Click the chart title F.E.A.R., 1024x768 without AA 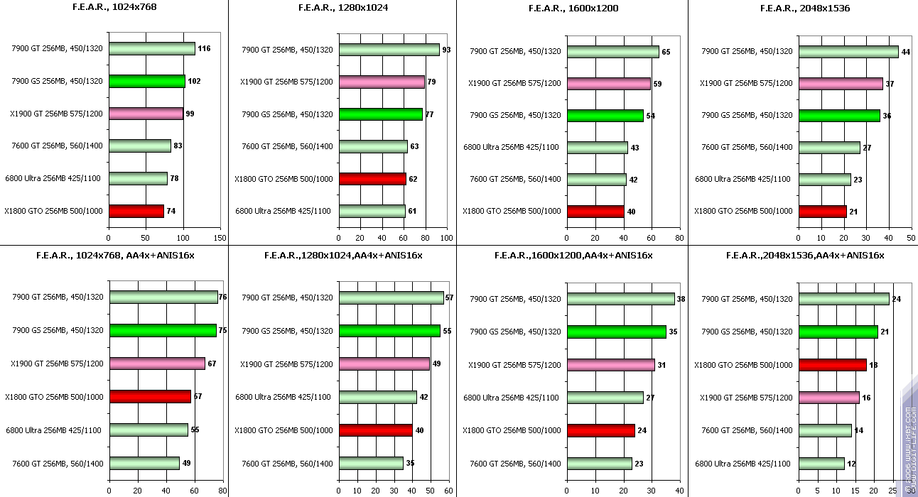[x=114, y=8]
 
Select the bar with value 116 [x=152, y=48]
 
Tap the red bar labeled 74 [x=136, y=211]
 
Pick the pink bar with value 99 [x=146, y=114]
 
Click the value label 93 [x=447, y=50]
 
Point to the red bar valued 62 [x=372, y=179]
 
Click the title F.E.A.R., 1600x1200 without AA [x=573, y=9]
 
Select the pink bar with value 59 [x=609, y=84]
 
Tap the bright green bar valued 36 [x=839, y=116]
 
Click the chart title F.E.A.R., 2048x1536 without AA [x=804, y=9]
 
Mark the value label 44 [x=906, y=52]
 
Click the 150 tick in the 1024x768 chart [x=221, y=238]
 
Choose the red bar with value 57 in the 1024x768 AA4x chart [x=150, y=396]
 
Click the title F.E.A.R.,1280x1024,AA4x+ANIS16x [x=343, y=255]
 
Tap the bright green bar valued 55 [x=389, y=331]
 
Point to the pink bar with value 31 [x=611, y=365]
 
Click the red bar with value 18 [x=833, y=365]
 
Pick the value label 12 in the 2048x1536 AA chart [x=852, y=464]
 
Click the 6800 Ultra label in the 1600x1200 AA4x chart [x=511, y=398]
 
